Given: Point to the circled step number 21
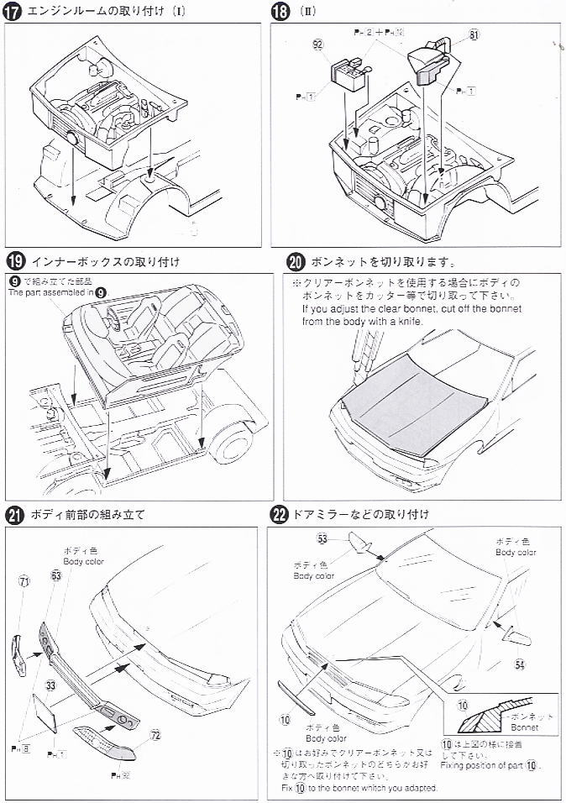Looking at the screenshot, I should pyautogui.click(x=14, y=515).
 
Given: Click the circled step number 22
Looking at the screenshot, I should pyautogui.click(x=280, y=514).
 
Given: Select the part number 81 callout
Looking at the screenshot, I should pyautogui.click(x=474, y=35).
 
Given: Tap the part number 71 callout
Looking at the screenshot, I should pyautogui.click(x=24, y=581).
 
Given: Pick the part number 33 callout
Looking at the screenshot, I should pyautogui.click(x=51, y=686).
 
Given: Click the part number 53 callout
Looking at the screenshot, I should pyautogui.click(x=322, y=538).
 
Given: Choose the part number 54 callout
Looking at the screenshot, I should pyautogui.click(x=520, y=664).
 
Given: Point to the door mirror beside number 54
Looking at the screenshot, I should pyautogui.click(x=514, y=634).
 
